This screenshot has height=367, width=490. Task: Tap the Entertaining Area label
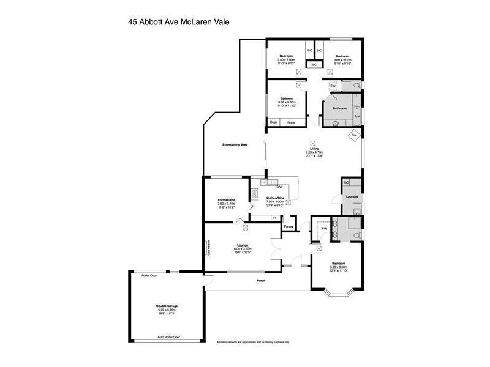(235, 144)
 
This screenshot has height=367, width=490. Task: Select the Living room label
(315, 149)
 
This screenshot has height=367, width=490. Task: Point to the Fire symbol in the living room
(353, 135)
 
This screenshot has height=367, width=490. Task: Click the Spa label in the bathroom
(356, 116)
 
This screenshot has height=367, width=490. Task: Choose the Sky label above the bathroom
(333, 86)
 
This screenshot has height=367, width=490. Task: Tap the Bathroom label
(340, 108)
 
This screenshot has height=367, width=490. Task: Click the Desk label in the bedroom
(273, 122)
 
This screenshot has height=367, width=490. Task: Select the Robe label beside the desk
(291, 122)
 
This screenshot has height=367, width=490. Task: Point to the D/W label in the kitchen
(279, 186)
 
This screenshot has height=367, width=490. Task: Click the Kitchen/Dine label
(274, 198)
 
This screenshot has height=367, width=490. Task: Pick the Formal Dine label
(227, 200)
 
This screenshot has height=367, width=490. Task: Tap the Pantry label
(289, 227)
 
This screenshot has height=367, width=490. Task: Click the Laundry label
(352, 196)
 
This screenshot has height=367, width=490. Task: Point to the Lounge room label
(243, 245)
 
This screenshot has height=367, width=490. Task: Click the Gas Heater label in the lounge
(208, 248)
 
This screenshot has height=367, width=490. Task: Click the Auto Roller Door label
(168, 337)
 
